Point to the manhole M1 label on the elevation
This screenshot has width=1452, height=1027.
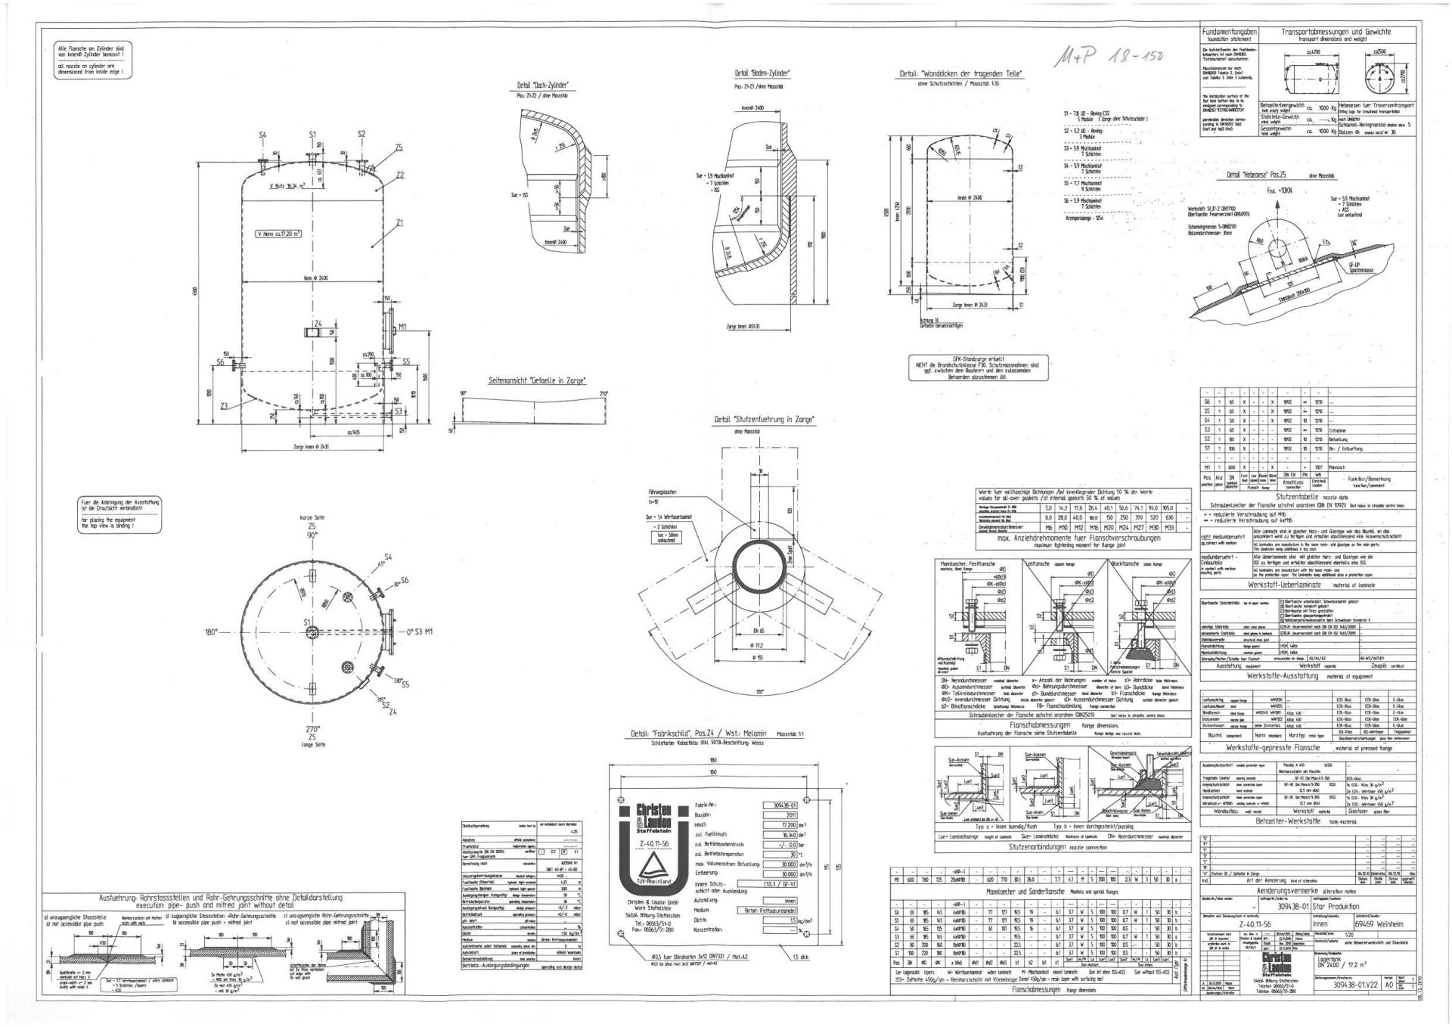point(403,327)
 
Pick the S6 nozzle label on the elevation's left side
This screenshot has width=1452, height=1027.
point(221,362)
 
